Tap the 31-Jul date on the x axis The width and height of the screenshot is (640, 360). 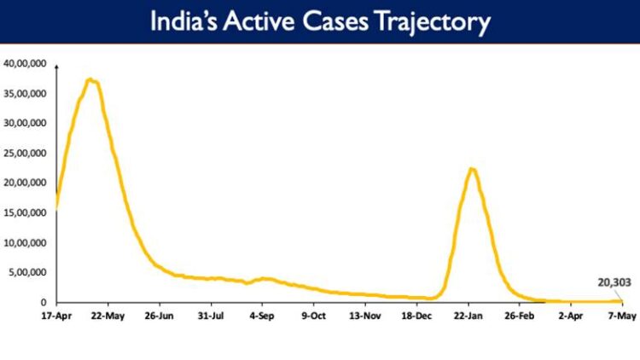210,316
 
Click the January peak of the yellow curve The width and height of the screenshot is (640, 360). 472,169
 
